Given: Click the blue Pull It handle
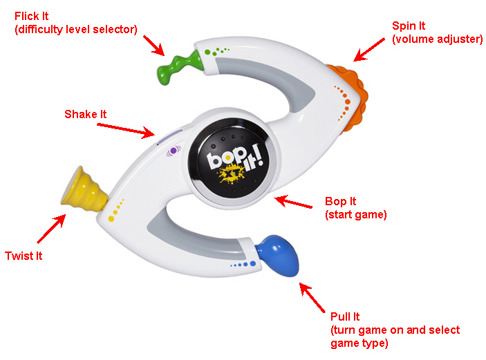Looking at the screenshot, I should coord(279,253).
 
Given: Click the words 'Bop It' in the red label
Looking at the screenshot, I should coord(341,202).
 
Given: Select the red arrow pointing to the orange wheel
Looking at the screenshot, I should coord(369,48).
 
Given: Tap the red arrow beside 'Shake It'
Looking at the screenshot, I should coord(125,129).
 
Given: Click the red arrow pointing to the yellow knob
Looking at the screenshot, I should coord(52,227).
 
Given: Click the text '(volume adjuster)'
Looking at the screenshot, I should coord(437,39).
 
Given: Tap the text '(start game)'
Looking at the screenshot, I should coord(356,215).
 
